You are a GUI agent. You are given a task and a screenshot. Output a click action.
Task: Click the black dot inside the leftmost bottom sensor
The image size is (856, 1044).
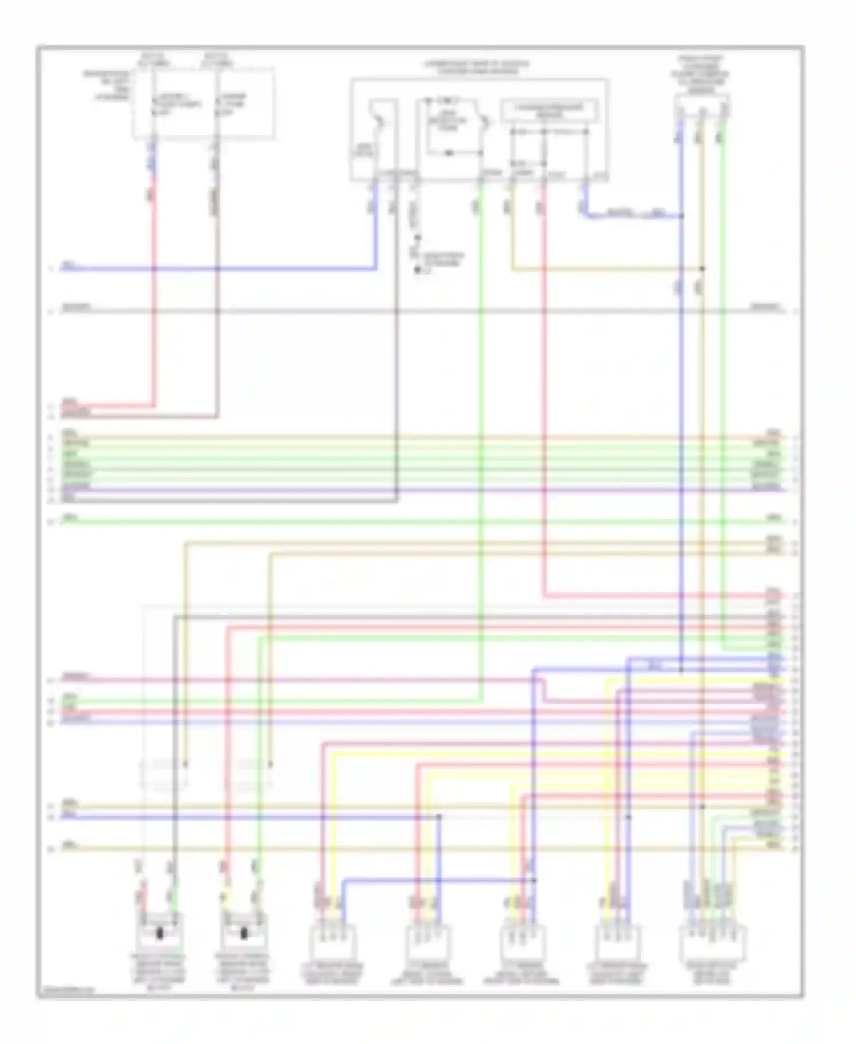click(x=160, y=934)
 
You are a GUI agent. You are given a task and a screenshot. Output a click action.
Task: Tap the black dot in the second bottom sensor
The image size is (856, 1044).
click(x=244, y=934)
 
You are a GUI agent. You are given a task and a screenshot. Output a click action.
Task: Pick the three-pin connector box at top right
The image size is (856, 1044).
click(x=702, y=106)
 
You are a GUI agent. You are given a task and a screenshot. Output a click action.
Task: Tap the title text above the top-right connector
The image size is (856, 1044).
click(x=700, y=74)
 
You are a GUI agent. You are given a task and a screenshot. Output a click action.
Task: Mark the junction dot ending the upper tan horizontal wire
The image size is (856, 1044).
click(x=702, y=268)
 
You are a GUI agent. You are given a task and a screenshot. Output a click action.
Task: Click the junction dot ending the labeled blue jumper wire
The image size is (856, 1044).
click(x=681, y=216)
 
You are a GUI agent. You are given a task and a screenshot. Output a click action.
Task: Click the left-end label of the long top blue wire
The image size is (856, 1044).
click(x=69, y=265)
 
